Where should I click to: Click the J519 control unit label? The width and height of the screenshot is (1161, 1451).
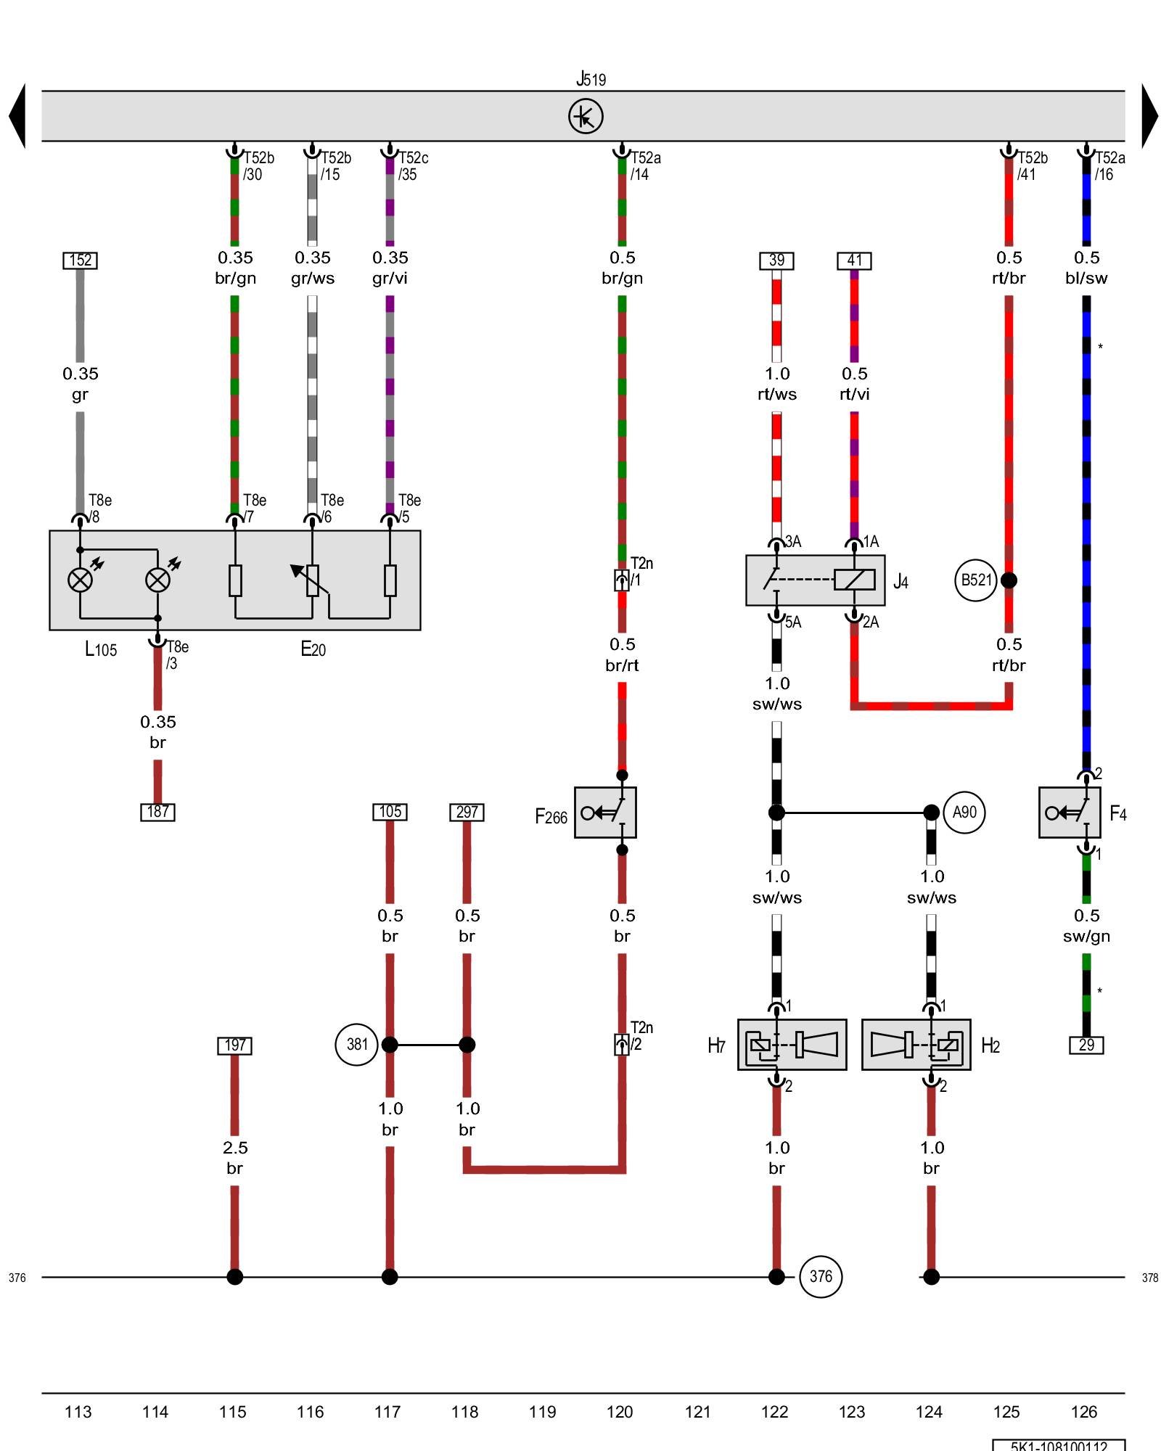(591, 79)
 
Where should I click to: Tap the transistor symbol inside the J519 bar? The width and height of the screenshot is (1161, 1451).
(586, 117)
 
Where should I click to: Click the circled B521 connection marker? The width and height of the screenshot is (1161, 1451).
(975, 580)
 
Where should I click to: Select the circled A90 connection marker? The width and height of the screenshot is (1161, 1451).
(964, 813)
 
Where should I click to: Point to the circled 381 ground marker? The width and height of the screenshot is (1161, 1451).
(356, 1045)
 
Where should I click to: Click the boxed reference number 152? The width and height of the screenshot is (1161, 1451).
(81, 260)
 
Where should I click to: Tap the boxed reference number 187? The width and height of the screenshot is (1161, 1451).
(157, 812)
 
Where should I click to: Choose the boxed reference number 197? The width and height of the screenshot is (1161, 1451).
(234, 1045)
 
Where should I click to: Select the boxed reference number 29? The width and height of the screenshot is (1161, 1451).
(1086, 1045)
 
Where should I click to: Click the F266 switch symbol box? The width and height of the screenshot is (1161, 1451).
(605, 813)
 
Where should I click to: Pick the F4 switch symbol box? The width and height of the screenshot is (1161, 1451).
(1069, 813)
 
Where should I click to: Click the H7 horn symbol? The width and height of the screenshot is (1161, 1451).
(792, 1045)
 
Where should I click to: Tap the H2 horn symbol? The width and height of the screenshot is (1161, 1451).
(916, 1045)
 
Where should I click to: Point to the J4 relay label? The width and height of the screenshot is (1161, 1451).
(901, 582)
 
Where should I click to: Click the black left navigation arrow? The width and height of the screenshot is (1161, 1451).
(17, 116)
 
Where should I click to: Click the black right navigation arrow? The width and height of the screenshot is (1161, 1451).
(1149, 116)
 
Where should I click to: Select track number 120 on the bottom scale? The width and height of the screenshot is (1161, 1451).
(620, 1412)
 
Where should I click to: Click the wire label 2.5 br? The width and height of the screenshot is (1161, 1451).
(234, 1158)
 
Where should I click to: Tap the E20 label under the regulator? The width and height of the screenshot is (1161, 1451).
(313, 649)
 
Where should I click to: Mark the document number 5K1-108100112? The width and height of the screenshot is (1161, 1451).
(1059, 1445)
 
